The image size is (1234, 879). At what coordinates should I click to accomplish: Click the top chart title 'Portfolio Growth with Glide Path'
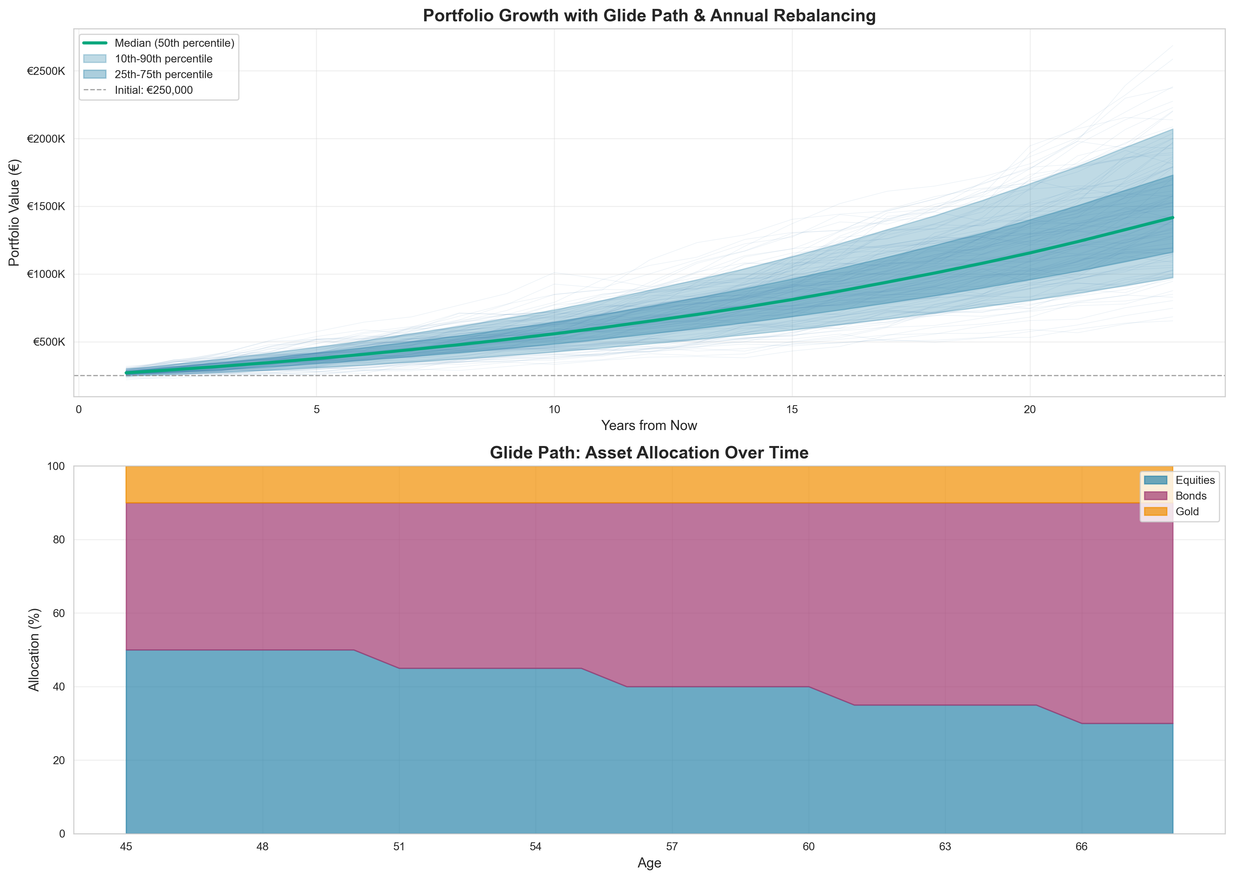(649, 16)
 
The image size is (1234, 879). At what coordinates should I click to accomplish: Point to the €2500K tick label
(46, 71)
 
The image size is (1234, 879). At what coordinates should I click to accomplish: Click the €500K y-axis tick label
(49, 342)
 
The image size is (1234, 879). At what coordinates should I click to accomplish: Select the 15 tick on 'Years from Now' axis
(792, 410)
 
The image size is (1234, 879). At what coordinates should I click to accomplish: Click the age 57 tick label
(672, 847)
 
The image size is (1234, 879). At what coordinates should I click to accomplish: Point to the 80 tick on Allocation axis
(59, 540)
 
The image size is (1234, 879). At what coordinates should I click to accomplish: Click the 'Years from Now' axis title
(649, 425)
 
